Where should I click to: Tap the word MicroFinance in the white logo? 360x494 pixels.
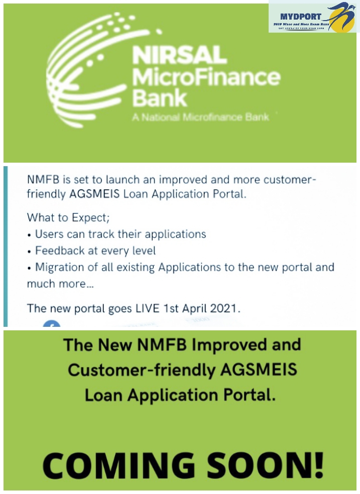205,77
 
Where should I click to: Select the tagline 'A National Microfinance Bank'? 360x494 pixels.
200,117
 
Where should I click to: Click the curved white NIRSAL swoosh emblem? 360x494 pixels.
85,70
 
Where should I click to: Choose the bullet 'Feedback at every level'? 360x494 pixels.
95,251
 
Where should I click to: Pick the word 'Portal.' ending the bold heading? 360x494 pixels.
243,395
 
